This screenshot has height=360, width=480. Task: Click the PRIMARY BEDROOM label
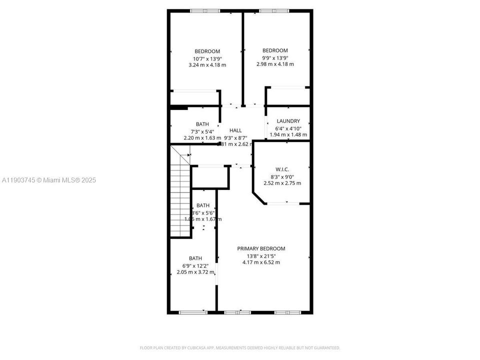261,248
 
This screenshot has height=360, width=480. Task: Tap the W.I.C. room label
282,168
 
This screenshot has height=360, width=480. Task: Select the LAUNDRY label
288,121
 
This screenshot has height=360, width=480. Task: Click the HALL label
235,130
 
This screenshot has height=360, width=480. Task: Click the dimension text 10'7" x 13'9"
207,58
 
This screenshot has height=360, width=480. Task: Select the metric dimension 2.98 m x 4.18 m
275,64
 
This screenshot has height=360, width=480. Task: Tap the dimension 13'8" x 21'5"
261,255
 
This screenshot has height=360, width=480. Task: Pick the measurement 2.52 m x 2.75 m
282,183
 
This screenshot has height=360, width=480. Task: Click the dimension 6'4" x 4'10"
288,128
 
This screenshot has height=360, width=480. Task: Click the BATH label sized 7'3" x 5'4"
202,124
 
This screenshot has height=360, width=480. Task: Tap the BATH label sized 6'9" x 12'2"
195,258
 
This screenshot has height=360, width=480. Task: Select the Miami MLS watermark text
48,180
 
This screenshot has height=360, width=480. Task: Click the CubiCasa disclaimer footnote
239,347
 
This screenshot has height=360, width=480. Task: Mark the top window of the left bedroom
205,10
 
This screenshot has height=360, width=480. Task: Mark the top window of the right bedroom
274,10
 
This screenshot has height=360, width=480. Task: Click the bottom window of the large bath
193,312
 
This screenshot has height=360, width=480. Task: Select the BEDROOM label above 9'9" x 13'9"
275,50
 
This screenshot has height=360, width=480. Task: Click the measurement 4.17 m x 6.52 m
261,262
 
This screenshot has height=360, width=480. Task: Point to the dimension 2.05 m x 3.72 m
195,272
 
